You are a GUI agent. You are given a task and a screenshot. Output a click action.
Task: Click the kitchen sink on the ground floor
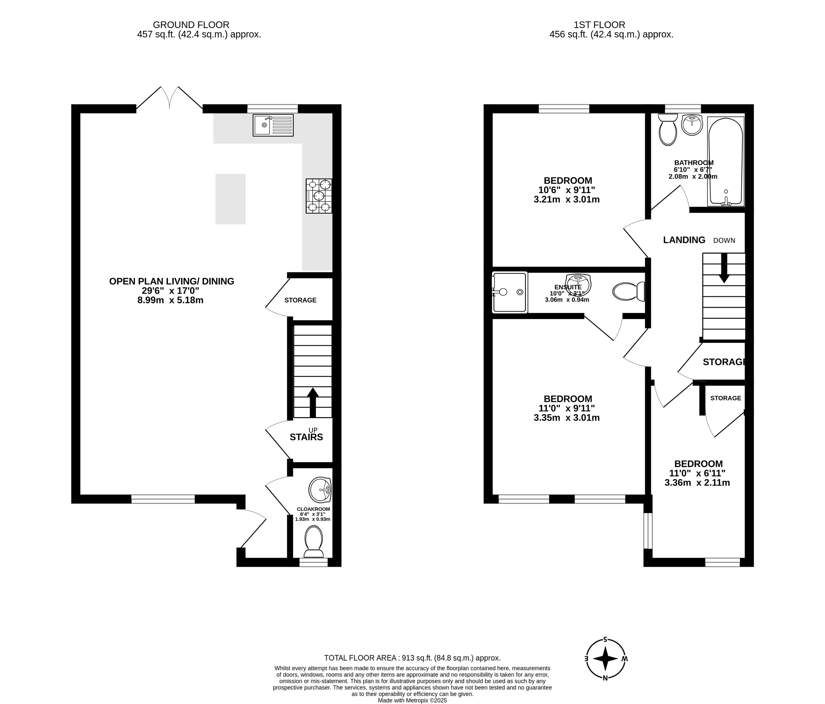(273, 125)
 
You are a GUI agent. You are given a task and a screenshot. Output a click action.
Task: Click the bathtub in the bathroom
(725, 161)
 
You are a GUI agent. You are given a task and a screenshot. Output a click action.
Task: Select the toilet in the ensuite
(629, 291)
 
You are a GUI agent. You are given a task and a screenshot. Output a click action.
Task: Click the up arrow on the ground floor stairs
(313, 402)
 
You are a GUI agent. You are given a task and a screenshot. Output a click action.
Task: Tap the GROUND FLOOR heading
(191, 25)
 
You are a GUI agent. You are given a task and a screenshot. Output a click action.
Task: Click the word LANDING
(684, 240)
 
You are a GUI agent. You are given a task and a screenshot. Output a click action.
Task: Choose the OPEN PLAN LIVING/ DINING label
(172, 281)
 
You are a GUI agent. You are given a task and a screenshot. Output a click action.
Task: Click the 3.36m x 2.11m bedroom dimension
(697, 483)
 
